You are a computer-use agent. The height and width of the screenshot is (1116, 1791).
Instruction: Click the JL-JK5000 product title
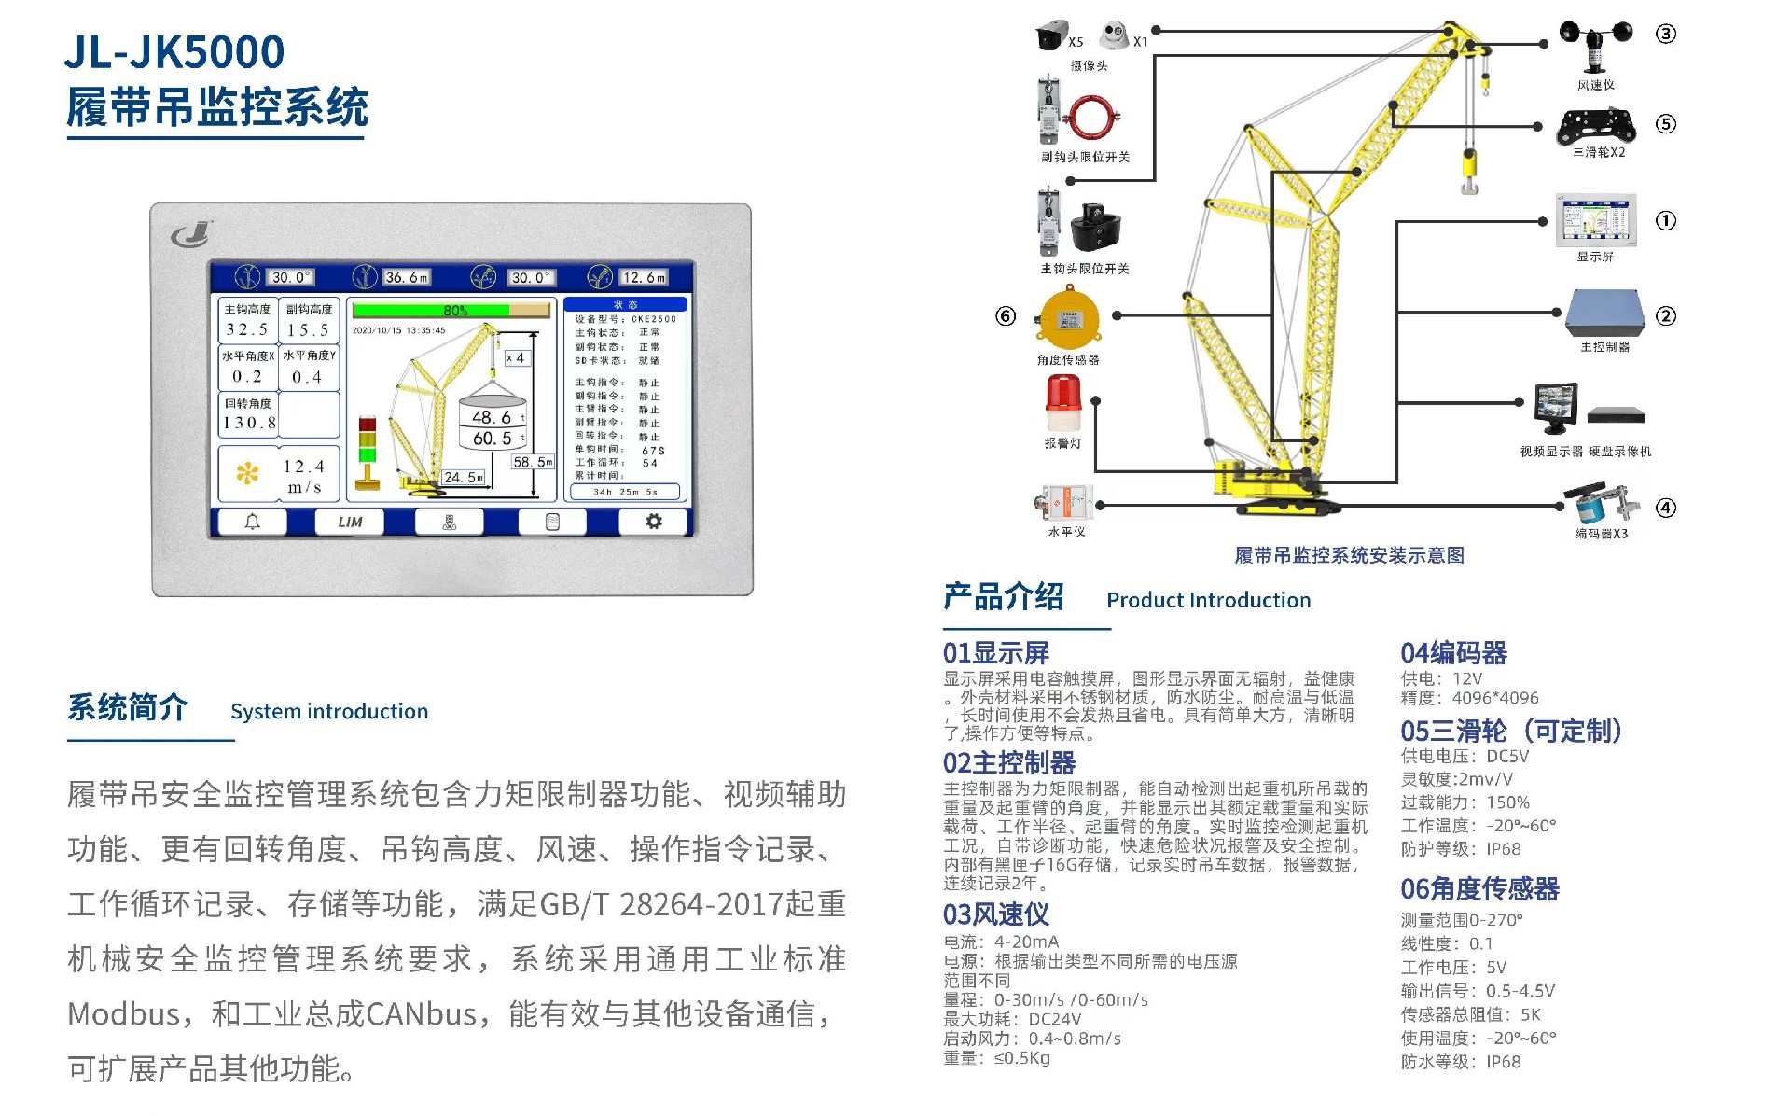[174, 51]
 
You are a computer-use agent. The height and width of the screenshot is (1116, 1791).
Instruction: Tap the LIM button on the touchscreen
[350, 522]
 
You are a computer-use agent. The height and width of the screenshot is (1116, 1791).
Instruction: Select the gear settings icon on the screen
[654, 522]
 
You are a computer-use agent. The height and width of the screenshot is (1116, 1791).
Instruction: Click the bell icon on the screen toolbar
[252, 522]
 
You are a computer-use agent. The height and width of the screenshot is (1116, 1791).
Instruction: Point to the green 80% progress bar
[431, 310]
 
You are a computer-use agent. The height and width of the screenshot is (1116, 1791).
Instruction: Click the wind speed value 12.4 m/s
[303, 476]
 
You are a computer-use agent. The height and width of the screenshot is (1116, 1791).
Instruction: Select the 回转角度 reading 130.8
[248, 423]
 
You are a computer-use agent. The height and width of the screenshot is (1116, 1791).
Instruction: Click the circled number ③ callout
[1665, 35]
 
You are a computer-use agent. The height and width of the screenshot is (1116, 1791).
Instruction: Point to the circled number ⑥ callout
[1006, 316]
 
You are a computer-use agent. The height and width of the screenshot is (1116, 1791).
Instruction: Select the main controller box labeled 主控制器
[1603, 313]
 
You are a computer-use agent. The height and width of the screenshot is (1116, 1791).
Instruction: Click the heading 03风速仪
[995, 914]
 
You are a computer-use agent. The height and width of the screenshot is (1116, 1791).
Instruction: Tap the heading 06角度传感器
[1479, 888]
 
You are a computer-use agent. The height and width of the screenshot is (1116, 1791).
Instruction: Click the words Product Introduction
[1208, 600]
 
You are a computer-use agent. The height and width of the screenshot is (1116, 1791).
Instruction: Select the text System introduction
[329, 711]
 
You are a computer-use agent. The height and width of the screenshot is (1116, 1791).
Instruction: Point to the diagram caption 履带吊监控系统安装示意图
[1349, 555]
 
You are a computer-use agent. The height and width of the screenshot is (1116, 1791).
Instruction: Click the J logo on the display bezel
[191, 234]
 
